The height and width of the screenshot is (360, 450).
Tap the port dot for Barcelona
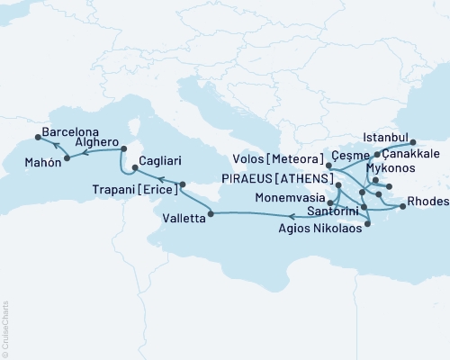[37, 137]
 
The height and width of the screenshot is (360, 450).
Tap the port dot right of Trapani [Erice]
[182, 184]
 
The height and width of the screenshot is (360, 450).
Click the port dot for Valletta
[211, 213]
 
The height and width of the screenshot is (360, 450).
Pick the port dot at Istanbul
[413, 142]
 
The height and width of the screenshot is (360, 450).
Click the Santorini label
[336, 211]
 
